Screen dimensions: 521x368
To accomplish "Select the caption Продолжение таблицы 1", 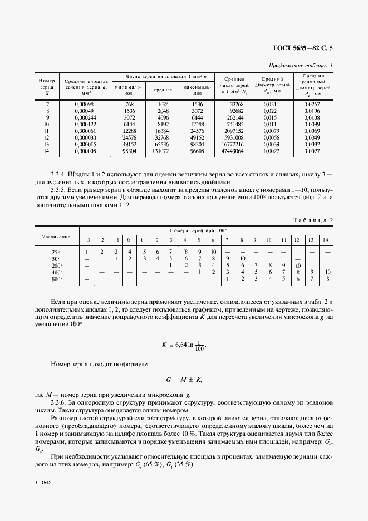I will click(x=301, y=66).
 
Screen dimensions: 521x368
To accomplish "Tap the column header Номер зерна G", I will click(x=47, y=87).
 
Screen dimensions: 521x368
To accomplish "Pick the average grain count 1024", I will click(x=163, y=104).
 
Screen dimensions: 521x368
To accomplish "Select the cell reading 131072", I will click(x=163, y=151).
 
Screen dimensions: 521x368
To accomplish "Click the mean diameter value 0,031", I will click(x=269, y=104).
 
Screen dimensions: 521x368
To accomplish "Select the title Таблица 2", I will click(x=312, y=220).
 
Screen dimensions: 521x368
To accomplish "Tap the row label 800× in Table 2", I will click(x=56, y=279).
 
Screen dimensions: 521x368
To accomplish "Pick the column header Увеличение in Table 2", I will click(x=56, y=237).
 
